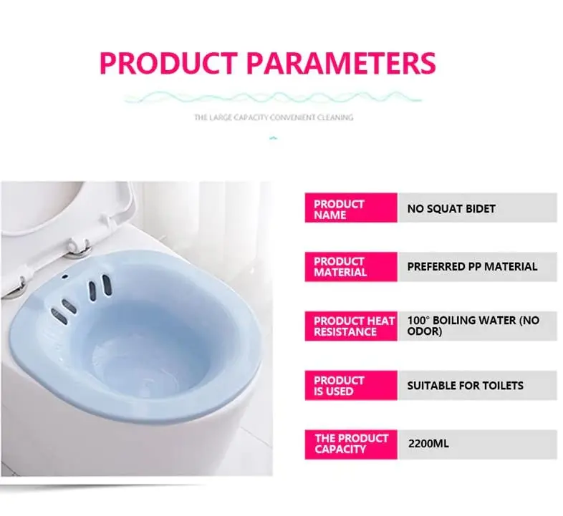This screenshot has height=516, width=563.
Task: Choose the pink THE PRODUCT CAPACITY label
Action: (350, 444)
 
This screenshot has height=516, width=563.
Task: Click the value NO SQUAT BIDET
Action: (451, 209)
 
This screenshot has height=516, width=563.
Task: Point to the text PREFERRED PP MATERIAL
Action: (472, 266)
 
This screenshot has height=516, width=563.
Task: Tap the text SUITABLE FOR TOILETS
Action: (465, 385)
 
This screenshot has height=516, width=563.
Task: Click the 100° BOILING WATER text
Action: (473, 321)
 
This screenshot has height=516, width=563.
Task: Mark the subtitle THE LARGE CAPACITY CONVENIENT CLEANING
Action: (274, 117)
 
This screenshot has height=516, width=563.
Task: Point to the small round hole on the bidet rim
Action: (64, 277)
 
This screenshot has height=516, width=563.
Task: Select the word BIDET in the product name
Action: (479, 209)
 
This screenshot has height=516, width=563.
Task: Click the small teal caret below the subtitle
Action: (272, 137)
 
